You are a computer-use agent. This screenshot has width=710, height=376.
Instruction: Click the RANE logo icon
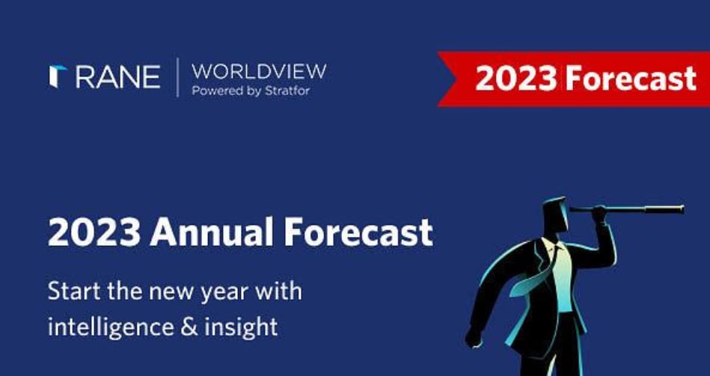pyautogui.click(x=58, y=76)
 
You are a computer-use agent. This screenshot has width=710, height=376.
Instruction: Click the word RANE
pyautogui.click(x=117, y=77)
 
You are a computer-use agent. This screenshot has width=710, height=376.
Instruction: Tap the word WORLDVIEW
pyautogui.click(x=259, y=72)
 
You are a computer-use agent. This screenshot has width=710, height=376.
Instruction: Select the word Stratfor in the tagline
pyautogui.click(x=289, y=90)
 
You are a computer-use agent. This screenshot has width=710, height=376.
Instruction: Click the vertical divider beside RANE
pyautogui.click(x=177, y=77)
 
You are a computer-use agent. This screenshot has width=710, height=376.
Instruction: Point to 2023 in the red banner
pyautogui.click(x=515, y=78)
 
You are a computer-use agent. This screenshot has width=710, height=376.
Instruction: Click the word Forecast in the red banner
pyautogui.click(x=630, y=78)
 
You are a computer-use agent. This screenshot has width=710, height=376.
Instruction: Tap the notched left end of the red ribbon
pyautogui.click(x=447, y=78)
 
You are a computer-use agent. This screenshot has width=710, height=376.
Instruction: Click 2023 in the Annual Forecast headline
pyautogui.click(x=94, y=232)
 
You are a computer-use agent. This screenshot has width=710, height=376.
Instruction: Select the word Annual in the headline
pyautogui.click(x=212, y=232)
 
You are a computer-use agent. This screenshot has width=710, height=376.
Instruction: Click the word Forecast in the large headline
pyautogui.click(x=358, y=232)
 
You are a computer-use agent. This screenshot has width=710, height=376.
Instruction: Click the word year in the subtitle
pyautogui.click(x=224, y=293)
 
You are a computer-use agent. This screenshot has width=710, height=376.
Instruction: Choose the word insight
pyautogui.click(x=241, y=327)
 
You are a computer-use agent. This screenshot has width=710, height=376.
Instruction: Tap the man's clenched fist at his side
pyautogui.click(x=472, y=338)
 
